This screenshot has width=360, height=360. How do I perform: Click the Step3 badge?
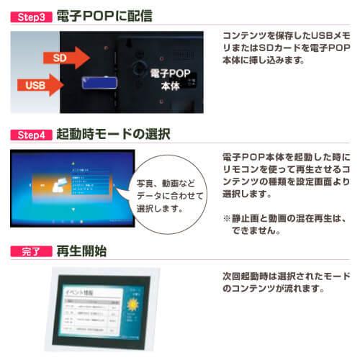(31, 15)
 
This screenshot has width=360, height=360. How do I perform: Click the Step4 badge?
(31, 134)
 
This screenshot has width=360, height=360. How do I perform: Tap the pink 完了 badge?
(31, 252)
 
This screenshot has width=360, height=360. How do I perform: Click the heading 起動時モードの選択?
(114, 134)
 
